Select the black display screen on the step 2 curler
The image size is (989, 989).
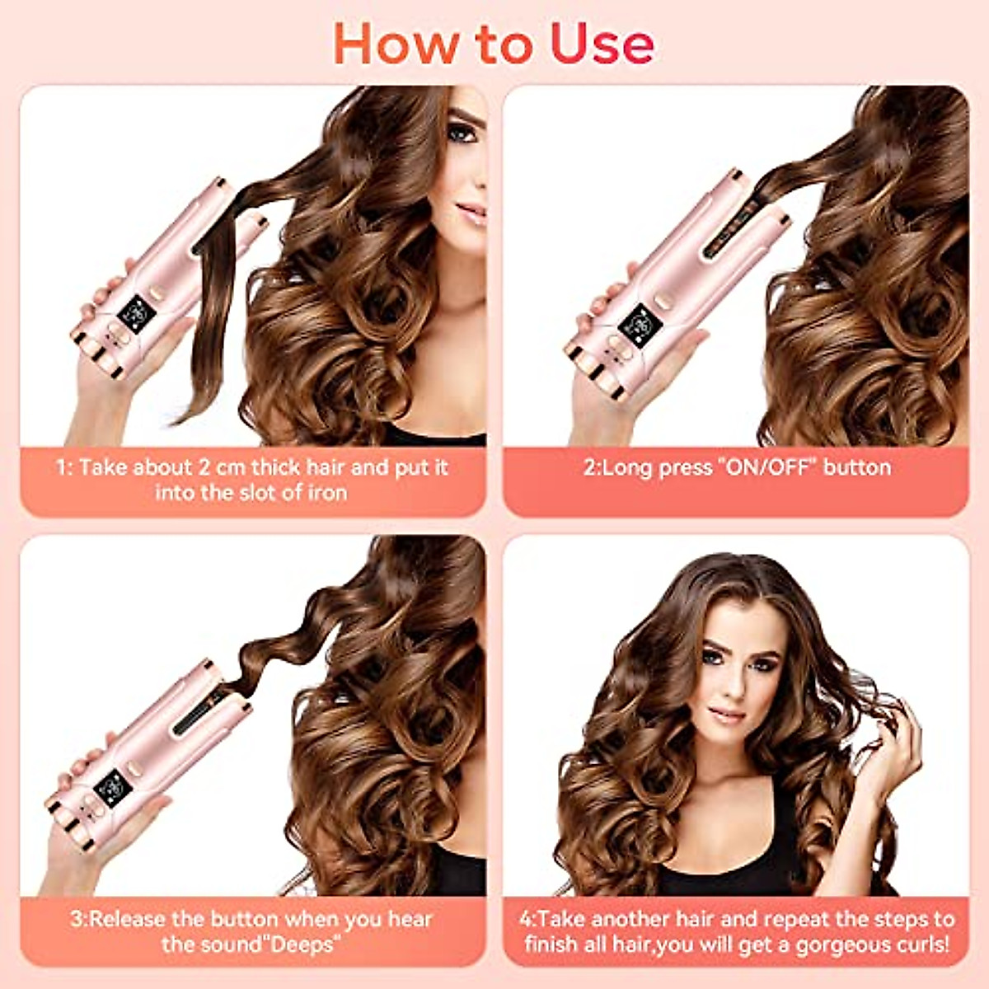[635, 321]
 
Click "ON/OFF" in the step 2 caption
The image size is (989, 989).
[767, 467]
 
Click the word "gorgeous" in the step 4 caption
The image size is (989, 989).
[823, 944]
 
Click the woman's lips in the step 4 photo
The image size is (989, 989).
[727, 714]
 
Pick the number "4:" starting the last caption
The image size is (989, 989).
[527, 919]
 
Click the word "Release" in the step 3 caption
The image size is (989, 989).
[128, 919]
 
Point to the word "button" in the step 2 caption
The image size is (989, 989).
[857, 467]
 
